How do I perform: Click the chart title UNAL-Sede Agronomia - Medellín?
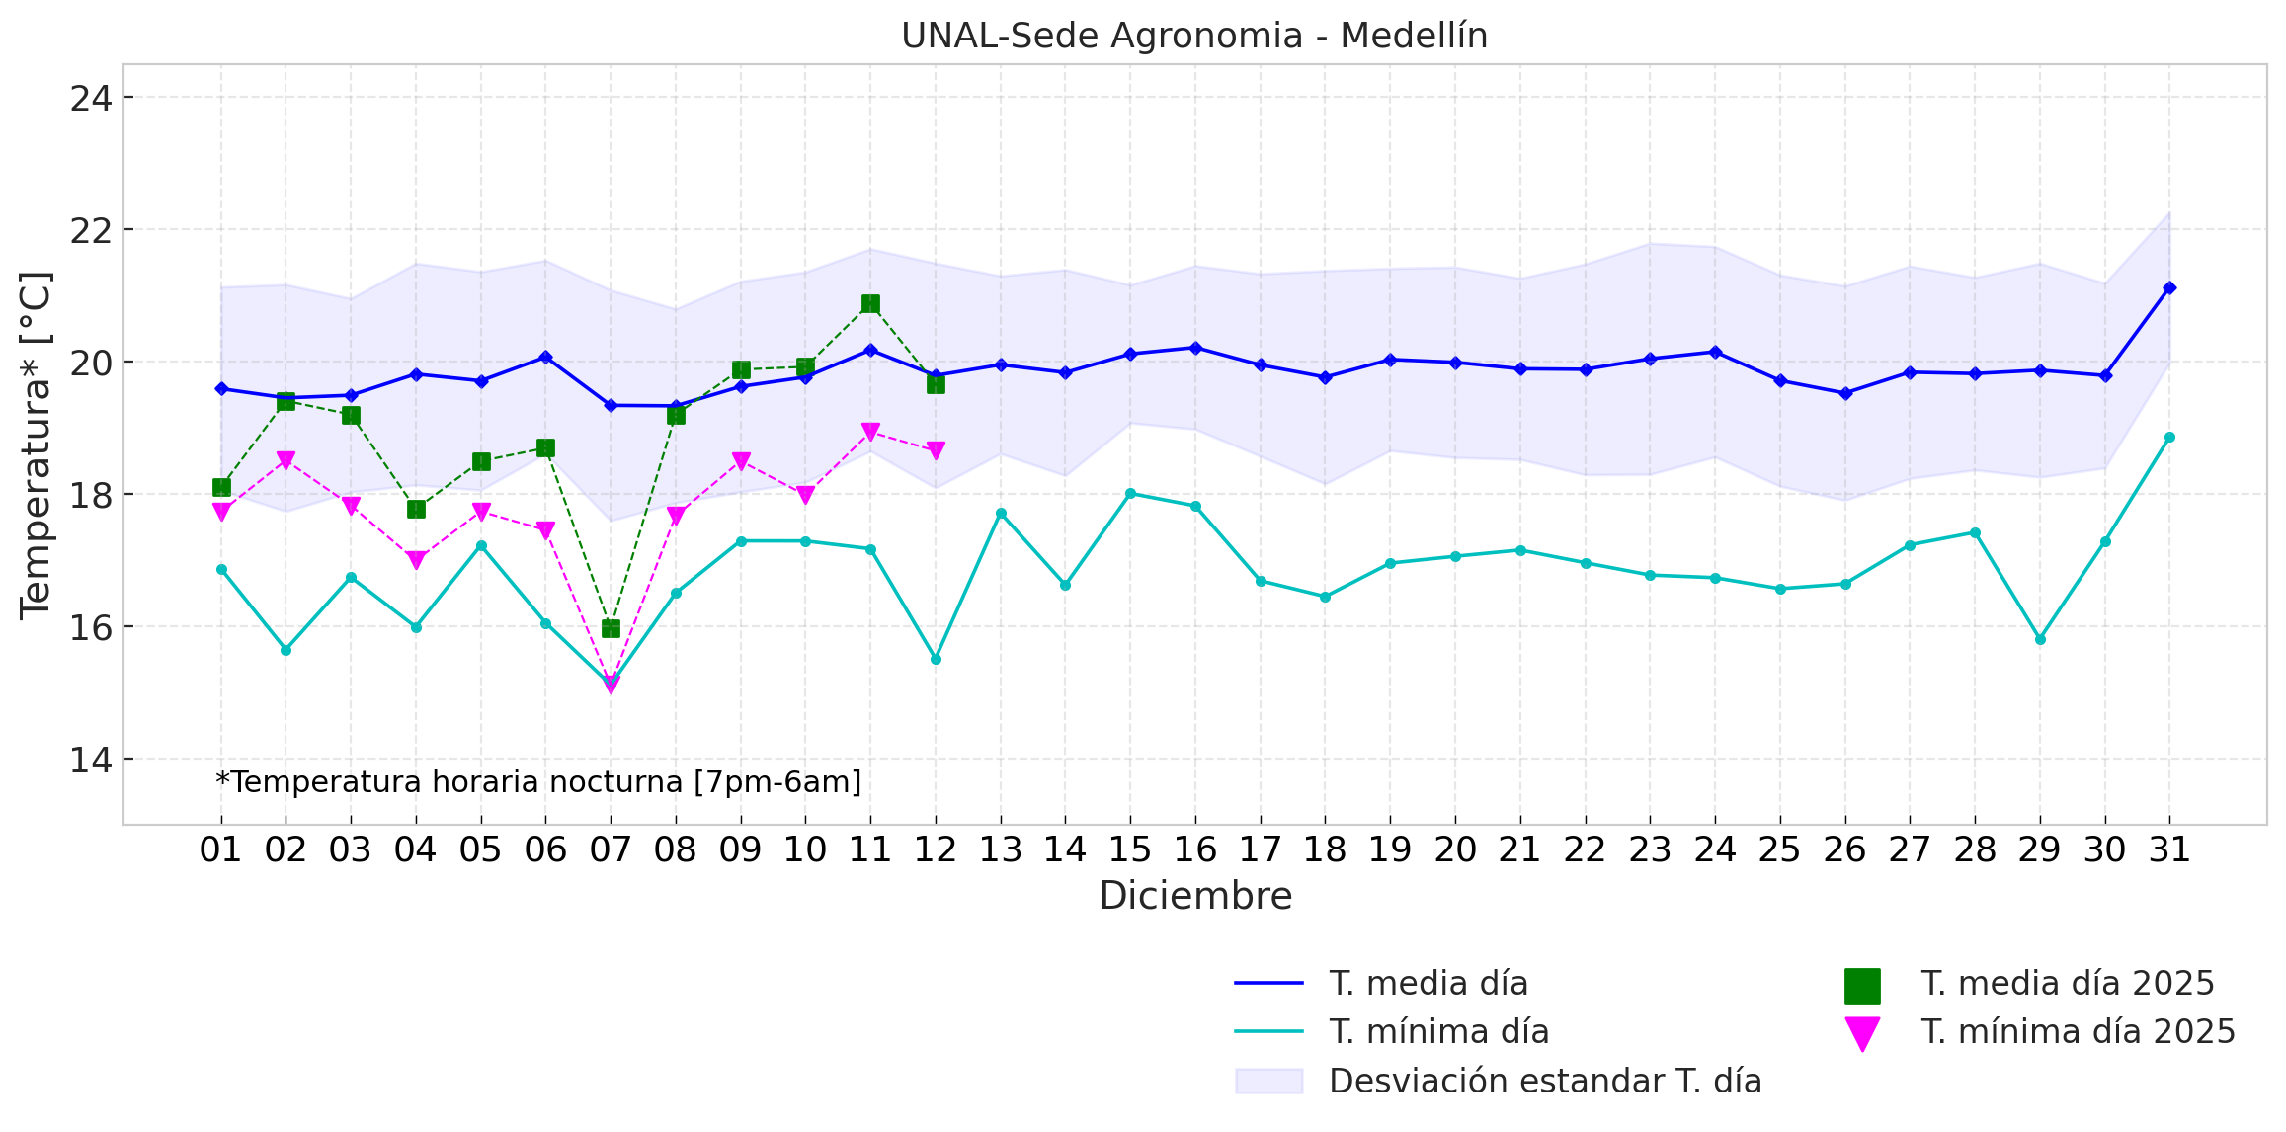[1194, 36]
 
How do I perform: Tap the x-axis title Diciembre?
[1195, 896]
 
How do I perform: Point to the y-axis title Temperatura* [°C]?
[36, 445]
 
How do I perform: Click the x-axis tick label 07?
[611, 849]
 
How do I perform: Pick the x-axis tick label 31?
[2169, 849]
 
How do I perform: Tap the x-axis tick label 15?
[1130, 849]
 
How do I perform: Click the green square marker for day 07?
[611, 628]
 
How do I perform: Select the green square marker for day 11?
[870, 303]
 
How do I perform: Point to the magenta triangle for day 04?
[416, 560]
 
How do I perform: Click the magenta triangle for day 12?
[936, 450]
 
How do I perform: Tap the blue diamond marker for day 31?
[2169, 287]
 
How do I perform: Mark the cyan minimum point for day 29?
[2040, 639]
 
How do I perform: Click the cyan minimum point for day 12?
[936, 659]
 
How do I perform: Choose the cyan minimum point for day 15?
[1130, 493]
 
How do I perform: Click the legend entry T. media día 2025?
[2067, 984]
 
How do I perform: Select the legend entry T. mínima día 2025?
[2078, 1032]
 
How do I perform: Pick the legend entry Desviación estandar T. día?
[1544, 1082]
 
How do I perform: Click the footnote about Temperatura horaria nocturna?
[538, 782]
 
